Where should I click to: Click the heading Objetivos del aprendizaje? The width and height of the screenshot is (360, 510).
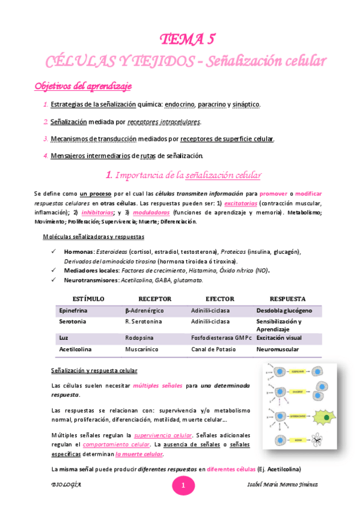coord(83,85)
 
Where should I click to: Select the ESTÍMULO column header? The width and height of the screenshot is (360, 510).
coord(88,299)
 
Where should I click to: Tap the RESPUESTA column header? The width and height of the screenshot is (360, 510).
coord(287,299)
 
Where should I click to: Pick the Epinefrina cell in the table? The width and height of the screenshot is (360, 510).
coord(74,311)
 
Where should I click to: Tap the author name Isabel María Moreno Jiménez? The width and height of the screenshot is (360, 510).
coord(287,484)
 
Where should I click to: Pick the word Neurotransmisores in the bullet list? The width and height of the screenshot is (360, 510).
coord(90,280)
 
